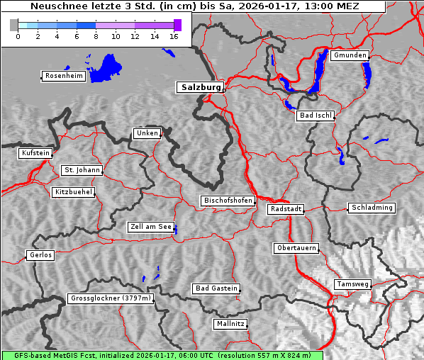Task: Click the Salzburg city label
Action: (x=200, y=87)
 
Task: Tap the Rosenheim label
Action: (x=63, y=76)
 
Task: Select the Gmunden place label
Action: (x=350, y=55)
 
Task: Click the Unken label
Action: (x=147, y=133)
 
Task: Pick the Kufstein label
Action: (x=35, y=153)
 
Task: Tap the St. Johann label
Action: (x=82, y=170)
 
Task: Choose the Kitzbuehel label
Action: (x=73, y=192)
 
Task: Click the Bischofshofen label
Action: (x=228, y=201)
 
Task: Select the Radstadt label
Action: (x=286, y=209)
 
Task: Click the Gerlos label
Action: (x=40, y=255)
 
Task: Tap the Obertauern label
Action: (x=296, y=248)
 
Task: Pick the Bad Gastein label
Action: (x=216, y=288)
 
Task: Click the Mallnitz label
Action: (x=230, y=324)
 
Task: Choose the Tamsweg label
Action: (x=352, y=284)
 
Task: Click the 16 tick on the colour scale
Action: (x=173, y=36)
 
